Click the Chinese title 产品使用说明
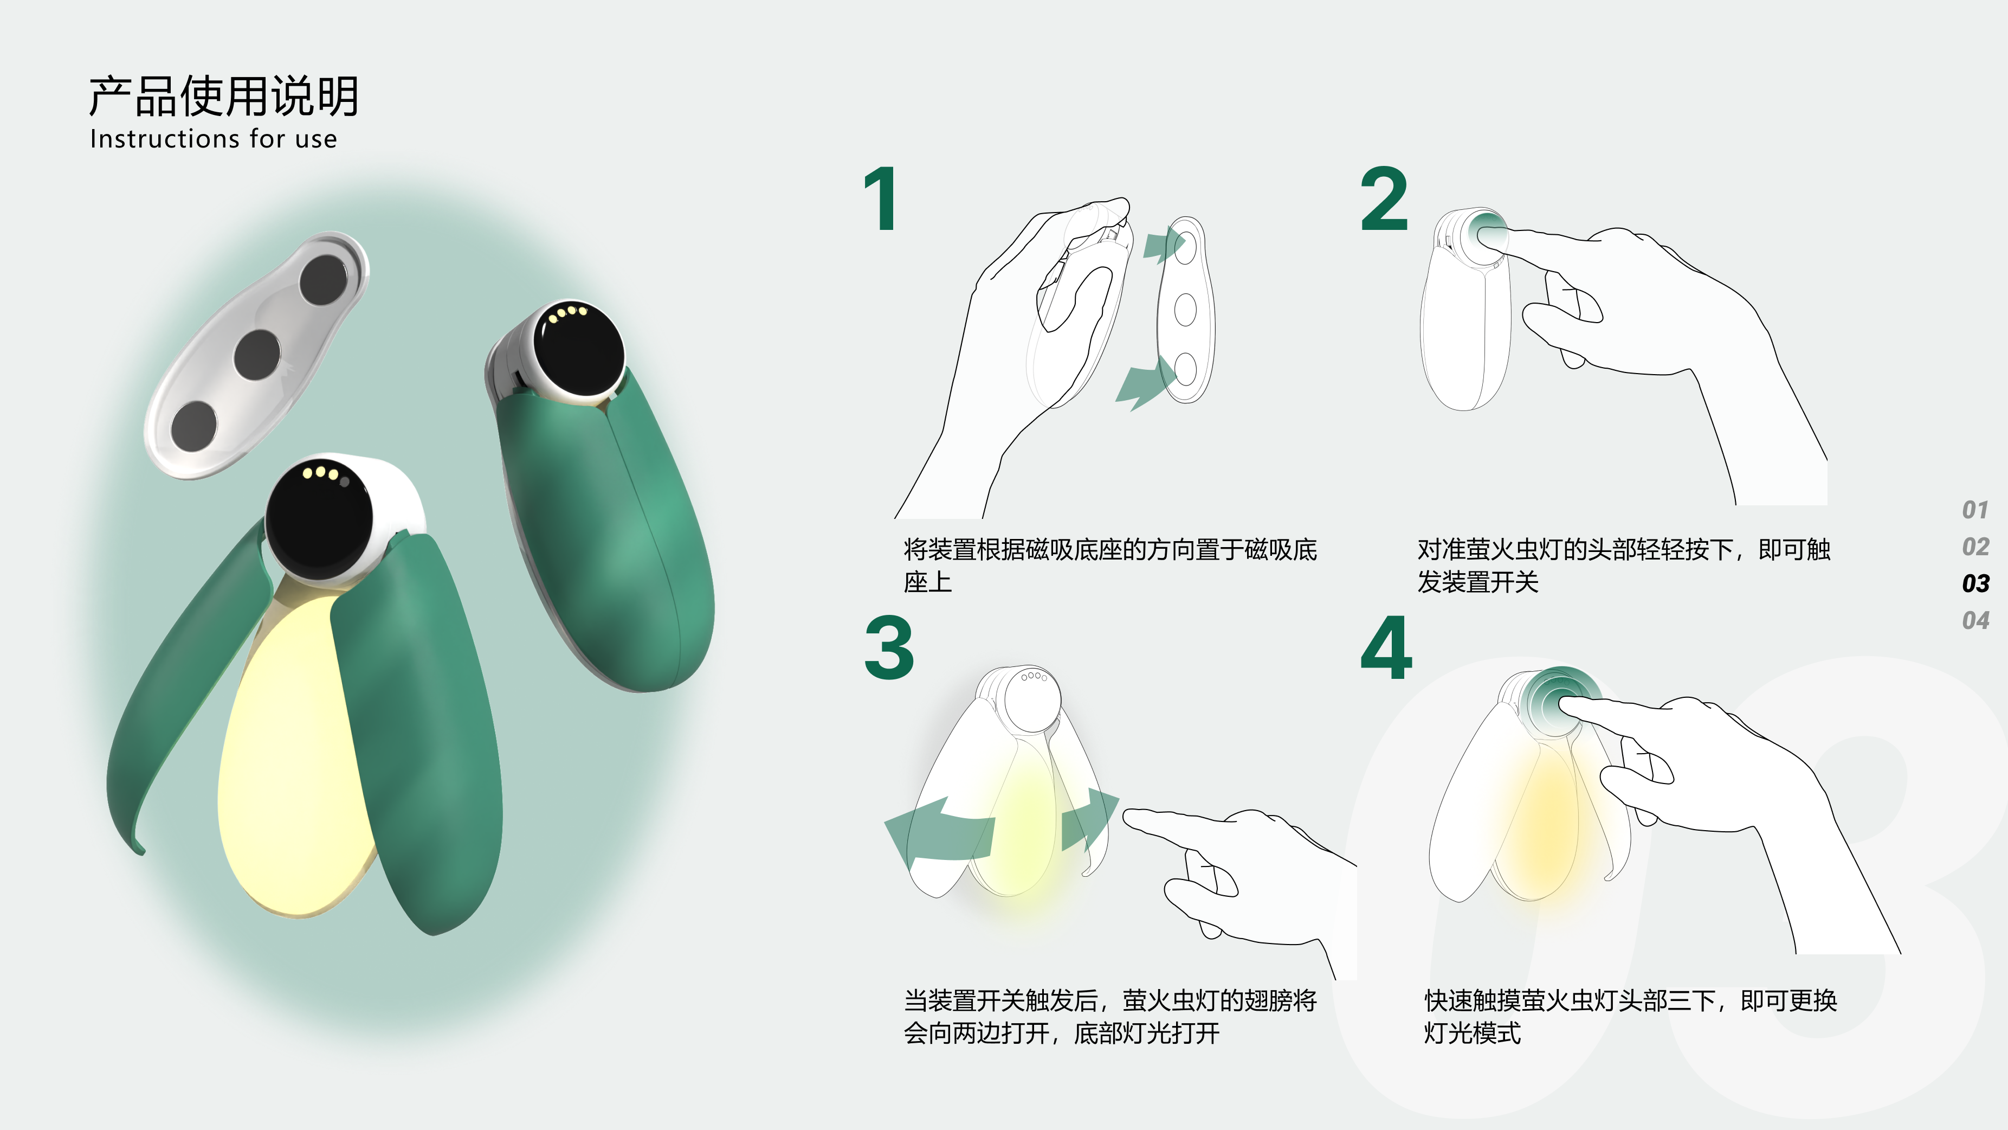point(224,96)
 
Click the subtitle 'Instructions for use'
point(214,139)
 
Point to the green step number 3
point(889,647)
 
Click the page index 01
point(1975,510)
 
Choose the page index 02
point(1975,547)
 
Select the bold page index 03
point(1975,583)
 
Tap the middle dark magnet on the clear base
point(257,355)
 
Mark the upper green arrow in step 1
point(1163,244)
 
